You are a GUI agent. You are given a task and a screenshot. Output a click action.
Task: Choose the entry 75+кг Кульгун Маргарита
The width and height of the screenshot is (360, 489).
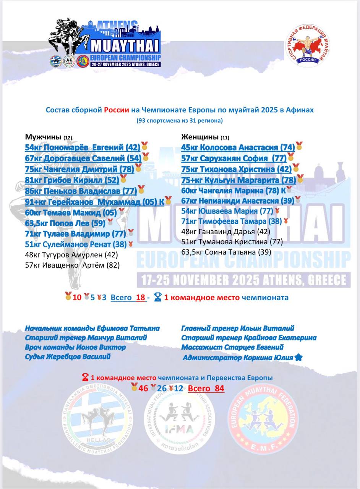238,180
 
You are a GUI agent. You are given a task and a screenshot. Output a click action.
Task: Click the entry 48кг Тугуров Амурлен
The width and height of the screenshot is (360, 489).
71,254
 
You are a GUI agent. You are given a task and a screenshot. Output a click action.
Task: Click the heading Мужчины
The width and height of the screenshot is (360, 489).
43,137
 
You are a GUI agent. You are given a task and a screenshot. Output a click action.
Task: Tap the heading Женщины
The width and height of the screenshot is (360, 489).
199,137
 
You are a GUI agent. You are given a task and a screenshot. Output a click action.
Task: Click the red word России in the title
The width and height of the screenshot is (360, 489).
116,110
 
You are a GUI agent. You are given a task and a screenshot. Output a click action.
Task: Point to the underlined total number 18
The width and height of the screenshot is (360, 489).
141,297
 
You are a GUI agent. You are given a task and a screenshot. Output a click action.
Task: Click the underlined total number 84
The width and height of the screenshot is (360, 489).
219,389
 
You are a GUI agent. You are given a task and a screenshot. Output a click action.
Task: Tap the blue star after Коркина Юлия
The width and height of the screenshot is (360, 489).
299,358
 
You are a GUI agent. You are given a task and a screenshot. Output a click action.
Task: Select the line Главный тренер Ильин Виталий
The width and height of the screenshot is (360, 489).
237,328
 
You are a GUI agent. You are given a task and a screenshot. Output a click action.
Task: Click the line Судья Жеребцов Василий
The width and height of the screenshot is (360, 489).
68,357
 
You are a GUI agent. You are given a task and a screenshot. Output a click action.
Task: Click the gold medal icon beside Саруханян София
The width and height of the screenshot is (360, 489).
291,157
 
